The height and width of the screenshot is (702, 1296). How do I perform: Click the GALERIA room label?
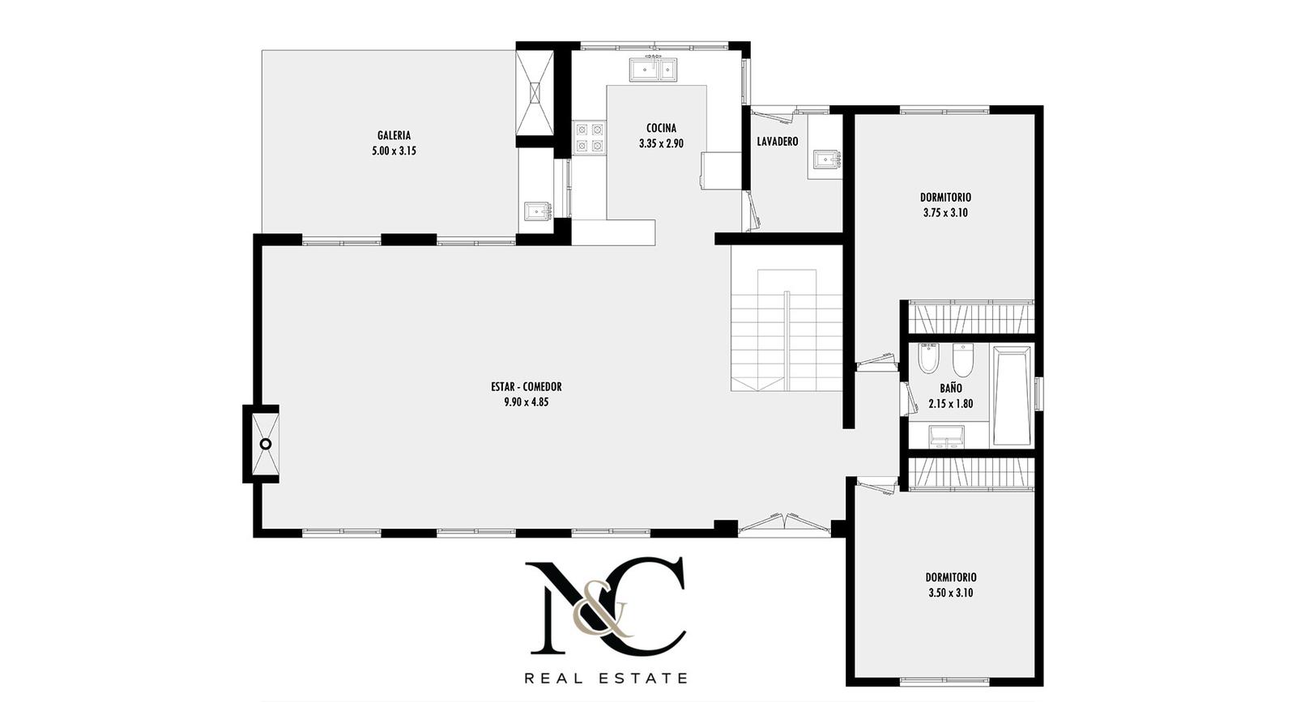tap(394, 135)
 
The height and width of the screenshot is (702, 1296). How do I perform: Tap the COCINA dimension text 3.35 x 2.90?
tap(661, 143)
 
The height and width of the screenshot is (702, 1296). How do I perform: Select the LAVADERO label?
tap(778, 141)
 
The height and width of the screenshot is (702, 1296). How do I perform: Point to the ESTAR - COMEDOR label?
tap(526, 387)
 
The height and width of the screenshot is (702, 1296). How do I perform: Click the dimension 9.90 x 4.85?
tap(526, 402)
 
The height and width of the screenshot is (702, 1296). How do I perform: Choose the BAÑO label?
tap(951, 388)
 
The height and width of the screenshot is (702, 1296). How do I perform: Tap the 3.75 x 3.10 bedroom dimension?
tap(945, 213)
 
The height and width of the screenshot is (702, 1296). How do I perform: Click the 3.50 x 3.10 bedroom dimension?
tap(951, 593)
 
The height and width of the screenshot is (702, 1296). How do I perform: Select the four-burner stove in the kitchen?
tap(590, 138)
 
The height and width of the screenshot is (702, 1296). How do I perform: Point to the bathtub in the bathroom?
tap(1013, 395)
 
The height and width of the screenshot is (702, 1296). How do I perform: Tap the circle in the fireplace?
tap(266, 444)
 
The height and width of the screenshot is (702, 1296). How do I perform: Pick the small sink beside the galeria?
tap(539, 211)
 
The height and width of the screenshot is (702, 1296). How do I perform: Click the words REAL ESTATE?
tap(606, 678)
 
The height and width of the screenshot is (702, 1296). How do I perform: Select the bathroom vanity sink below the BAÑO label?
tap(947, 436)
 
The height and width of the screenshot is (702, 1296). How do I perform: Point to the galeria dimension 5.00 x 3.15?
tap(394, 151)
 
